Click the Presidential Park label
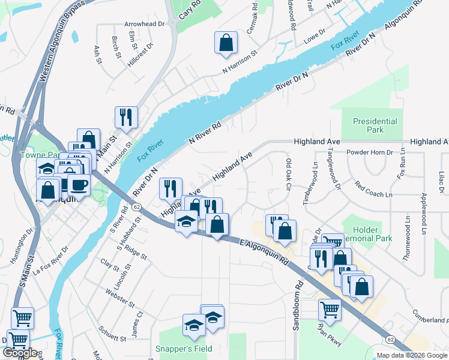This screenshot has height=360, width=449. [375, 125]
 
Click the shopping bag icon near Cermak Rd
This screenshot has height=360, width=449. [226, 43]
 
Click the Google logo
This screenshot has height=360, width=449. [20, 353]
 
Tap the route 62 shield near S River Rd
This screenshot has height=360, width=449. [137, 207]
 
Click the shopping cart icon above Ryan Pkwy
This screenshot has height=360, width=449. [330, 310]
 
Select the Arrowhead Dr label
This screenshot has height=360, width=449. [144, 24]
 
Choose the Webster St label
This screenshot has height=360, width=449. [117, 298]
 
